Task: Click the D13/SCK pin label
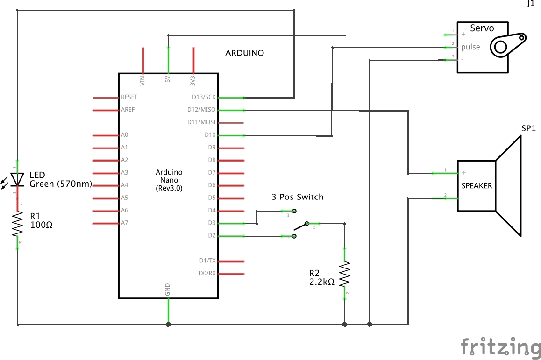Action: click(x=204, y=97)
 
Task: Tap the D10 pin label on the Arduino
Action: click(x=210, y=135)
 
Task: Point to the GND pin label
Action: click(x=168, y=289)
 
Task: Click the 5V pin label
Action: click(x=168, y=80)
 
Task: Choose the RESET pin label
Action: click(x=129, y=97)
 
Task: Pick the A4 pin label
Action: click(x=124, y=185)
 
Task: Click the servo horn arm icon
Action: click(x=507, y=44)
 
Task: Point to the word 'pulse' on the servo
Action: click(x=470, y=47)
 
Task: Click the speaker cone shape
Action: click(x=508, y=185)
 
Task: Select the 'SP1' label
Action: click(x=528, y=128)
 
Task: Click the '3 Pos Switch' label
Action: click(x=298, y=197)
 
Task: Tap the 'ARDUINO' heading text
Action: click(x=244, y=53)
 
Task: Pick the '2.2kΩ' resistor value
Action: click(x=322, y=282)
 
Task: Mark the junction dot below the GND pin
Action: click(x=168, y=324)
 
